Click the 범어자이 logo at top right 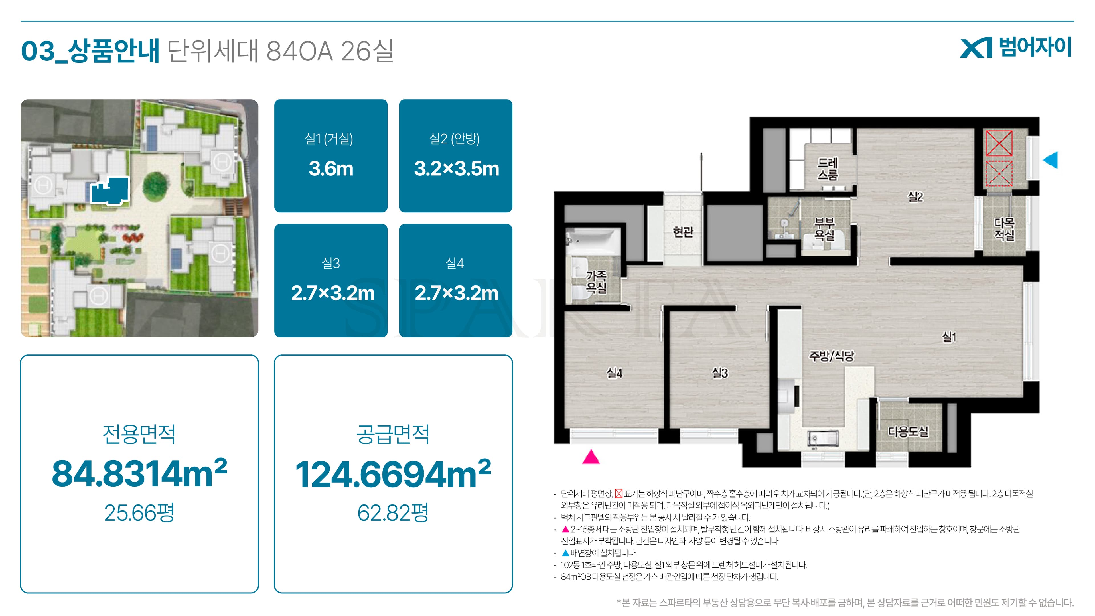pyautogui.click(x=1016, y=48)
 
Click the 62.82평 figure pyautogui.click(x=393, y=513)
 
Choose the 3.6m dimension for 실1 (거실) pyautogui.click(x=331, y=169)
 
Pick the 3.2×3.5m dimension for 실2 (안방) pyautogui.click(x=456, y=169)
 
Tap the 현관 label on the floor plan pyautogui.click(x=683, y=232)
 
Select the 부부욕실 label pyautogui.click(x=824, y=229)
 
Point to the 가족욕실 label pyautogui.click(x=596, y=282)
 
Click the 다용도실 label pyautogui.click(x=908, y=431)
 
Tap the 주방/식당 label pyautogui.click(x=831, y=356)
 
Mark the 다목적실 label pyautogui.click(x=1004, y=229)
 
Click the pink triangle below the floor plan pyautogui.click(x=591, y=457)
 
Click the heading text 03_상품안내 pyautogui.click(x=90, y=51)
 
